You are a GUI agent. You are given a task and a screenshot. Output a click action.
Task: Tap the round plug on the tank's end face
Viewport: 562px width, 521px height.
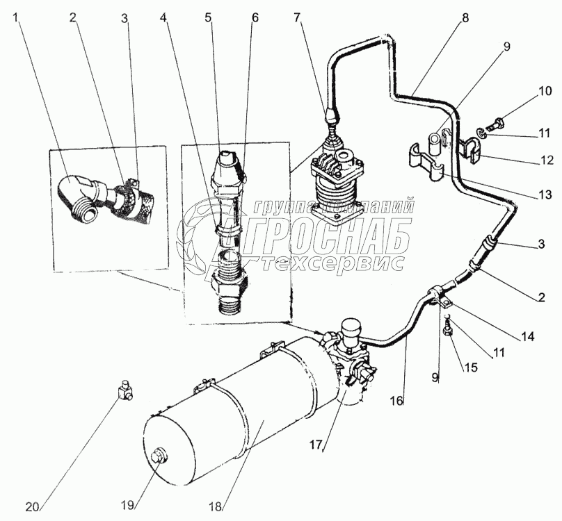point(159,459)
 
